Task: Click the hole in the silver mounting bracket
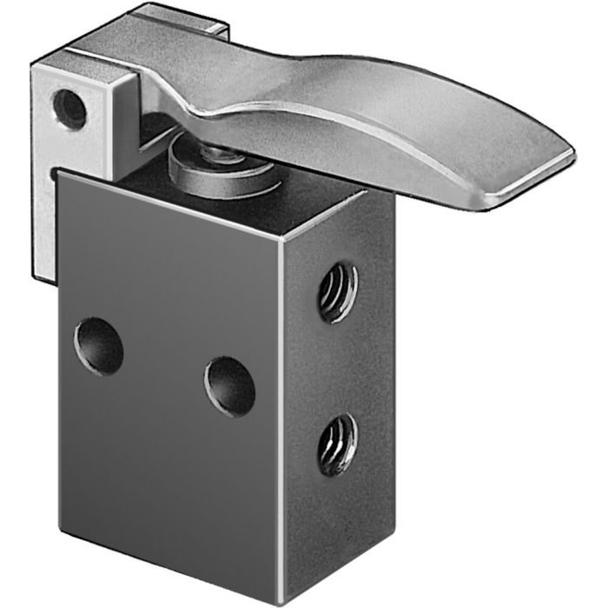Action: [x=69, y=109]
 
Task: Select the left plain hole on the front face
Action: [x=98, y=347]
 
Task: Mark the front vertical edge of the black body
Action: [x=281, y=408]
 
